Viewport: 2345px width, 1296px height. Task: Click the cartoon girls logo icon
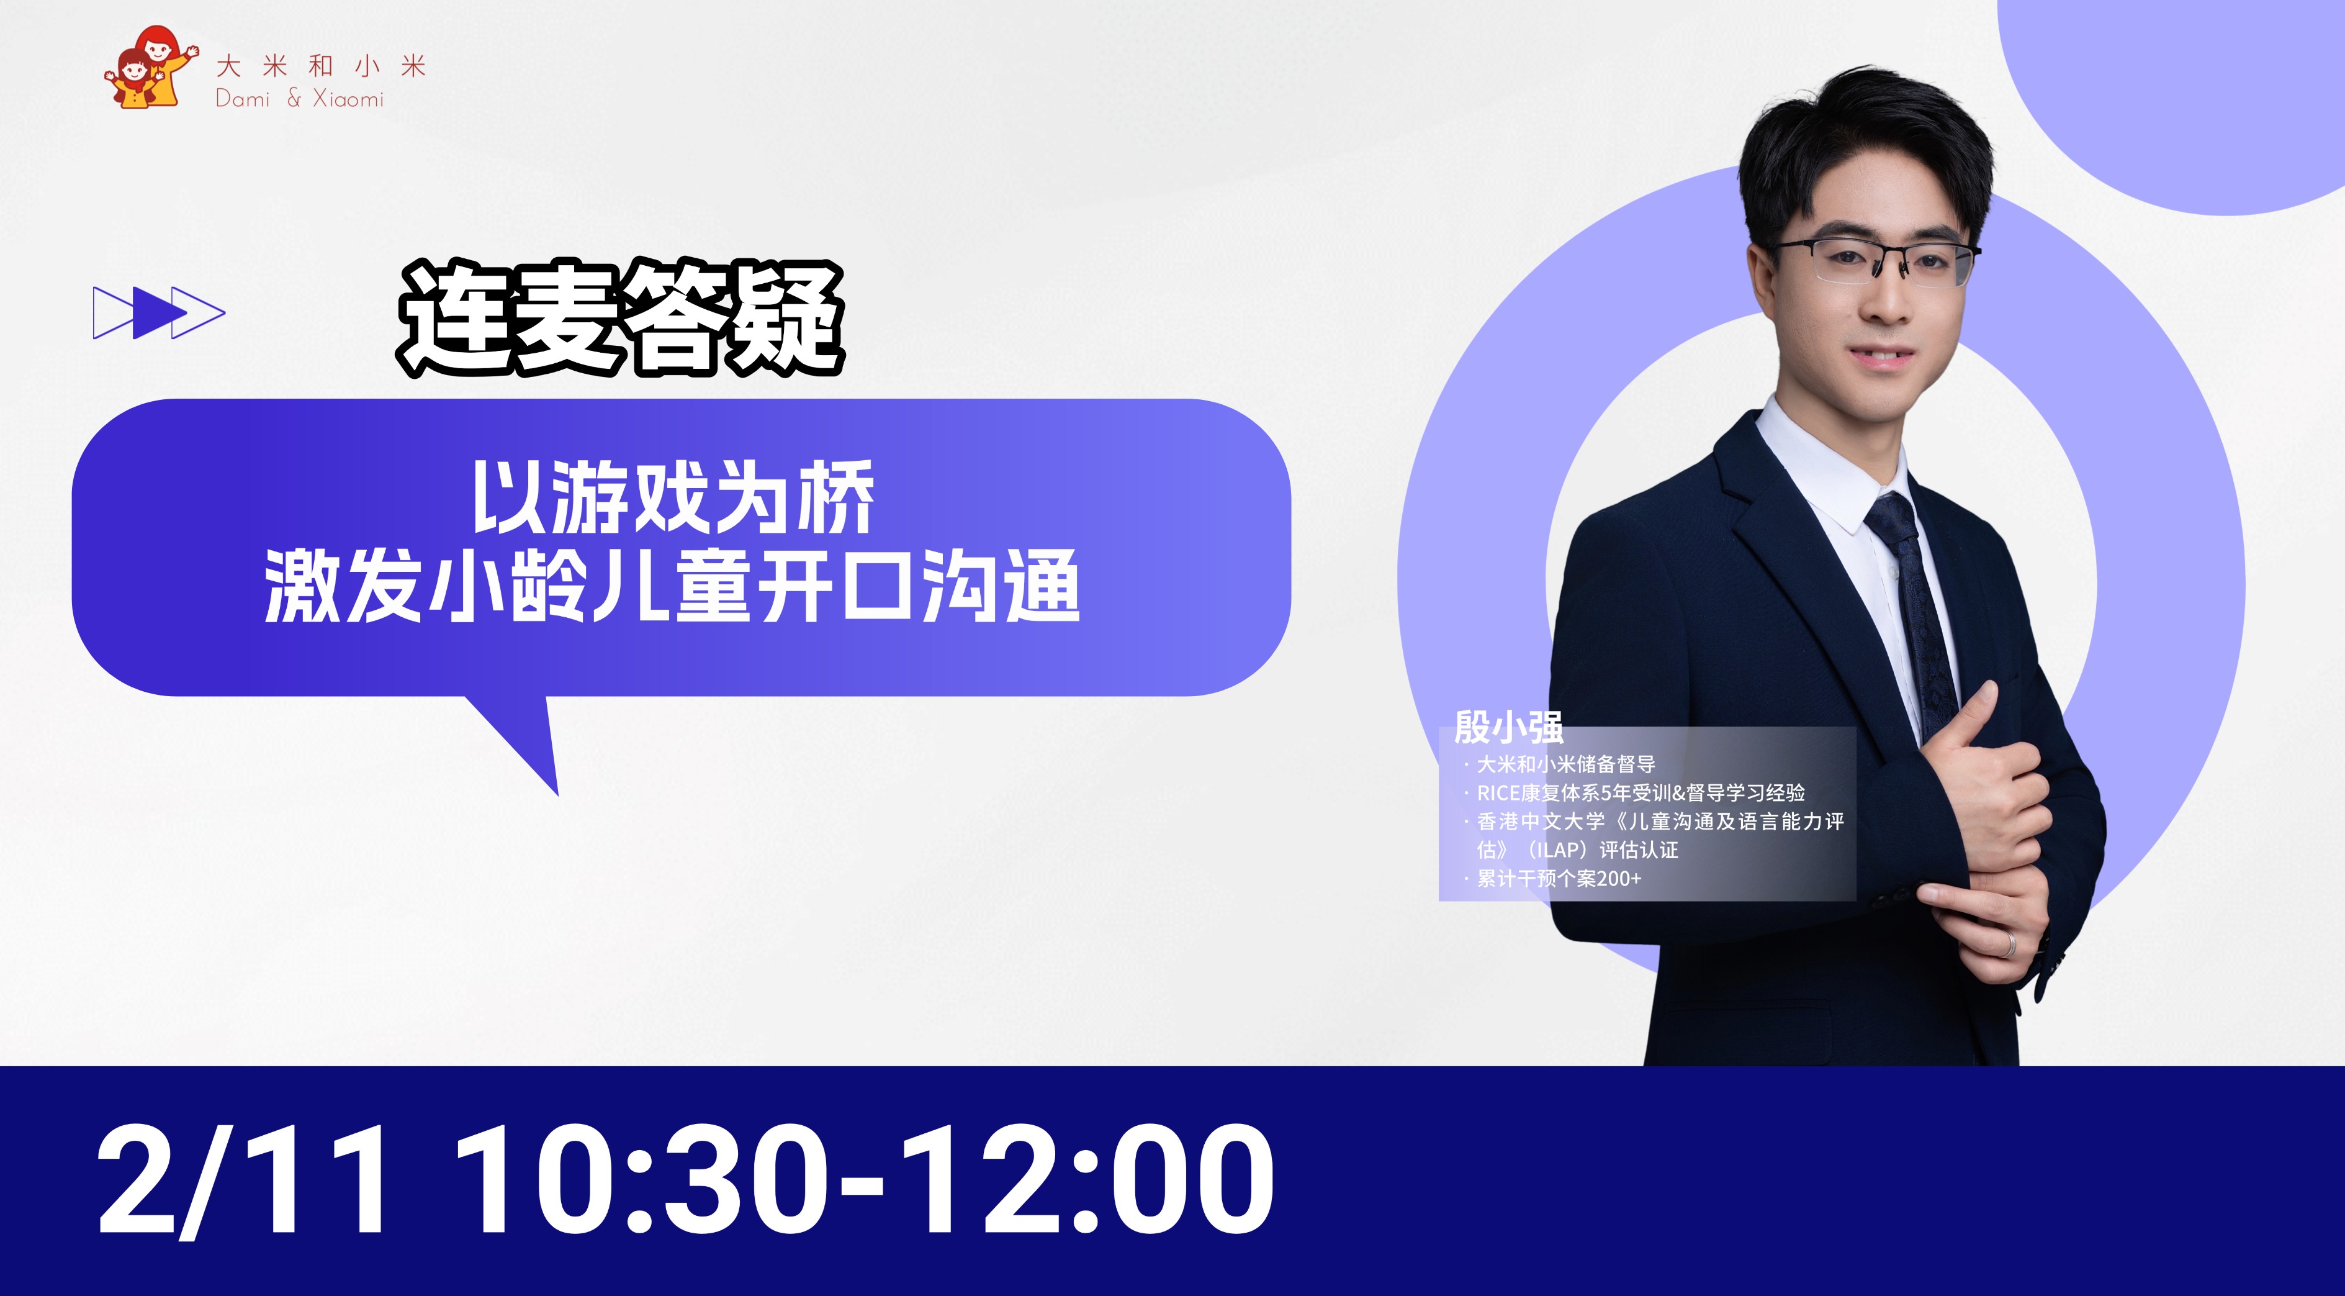150,68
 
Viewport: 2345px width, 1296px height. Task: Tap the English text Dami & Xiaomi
300,98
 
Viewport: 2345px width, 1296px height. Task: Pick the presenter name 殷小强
1508,727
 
